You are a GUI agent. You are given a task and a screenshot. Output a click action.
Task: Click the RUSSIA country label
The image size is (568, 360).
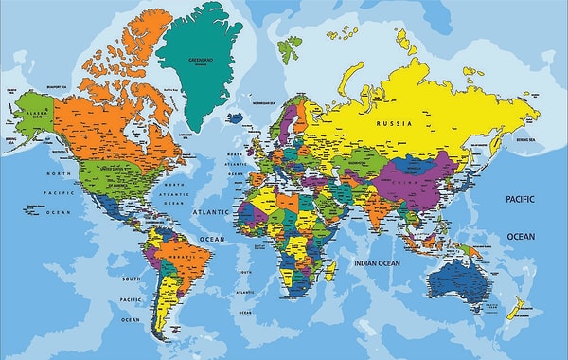(x=394, y=123)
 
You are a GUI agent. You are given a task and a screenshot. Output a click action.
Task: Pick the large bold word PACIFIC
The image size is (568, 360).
(x=520, y=200)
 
